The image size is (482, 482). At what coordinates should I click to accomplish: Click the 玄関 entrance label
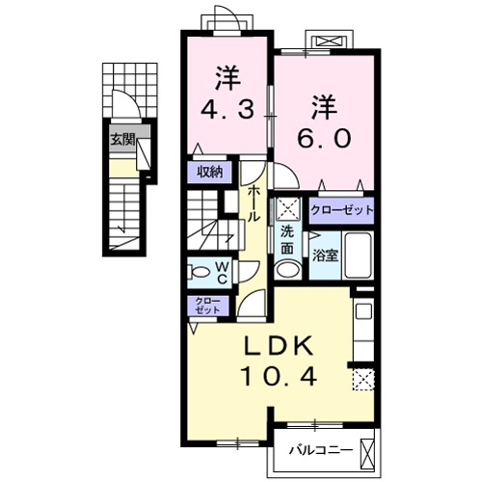(x=121, y=139)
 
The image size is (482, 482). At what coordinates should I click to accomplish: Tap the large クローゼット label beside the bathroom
(x=341, y=209)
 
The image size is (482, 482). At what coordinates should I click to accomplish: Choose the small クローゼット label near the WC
(x=207, y=307)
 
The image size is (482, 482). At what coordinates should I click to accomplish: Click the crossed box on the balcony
(x=367, y=451)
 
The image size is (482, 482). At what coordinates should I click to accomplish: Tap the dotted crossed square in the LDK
(x=362, y=379)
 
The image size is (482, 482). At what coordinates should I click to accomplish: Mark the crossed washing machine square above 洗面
(x=287, y=209)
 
